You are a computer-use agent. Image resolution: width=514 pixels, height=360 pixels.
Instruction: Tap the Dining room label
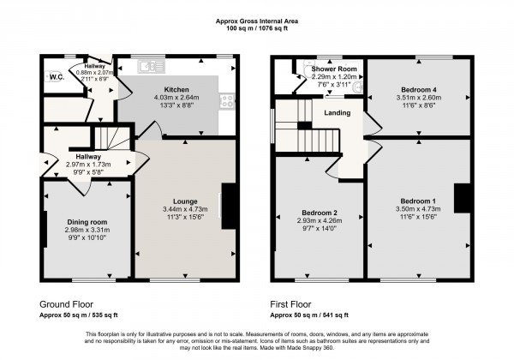tap(87, 221)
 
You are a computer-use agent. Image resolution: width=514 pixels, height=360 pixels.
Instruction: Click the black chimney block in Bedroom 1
tap(463, 198)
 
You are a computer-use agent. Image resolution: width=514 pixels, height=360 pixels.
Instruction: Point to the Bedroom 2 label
tap(320, 212)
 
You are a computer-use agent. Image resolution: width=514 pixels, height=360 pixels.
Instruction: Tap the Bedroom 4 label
tap(418, 88)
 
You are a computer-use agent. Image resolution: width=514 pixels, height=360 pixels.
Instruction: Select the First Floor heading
tap(296, 304)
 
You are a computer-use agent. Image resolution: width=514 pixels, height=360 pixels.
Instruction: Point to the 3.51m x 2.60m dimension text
tap(418, 97)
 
